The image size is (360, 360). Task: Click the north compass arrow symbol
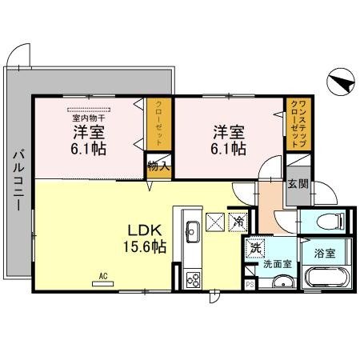click(340, 82)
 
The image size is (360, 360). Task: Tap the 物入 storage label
click(157, 167)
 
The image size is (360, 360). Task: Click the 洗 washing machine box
click(255, 247)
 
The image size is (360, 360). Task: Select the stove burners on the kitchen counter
click(194, 279)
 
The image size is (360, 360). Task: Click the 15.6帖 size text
click(144, 246)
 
